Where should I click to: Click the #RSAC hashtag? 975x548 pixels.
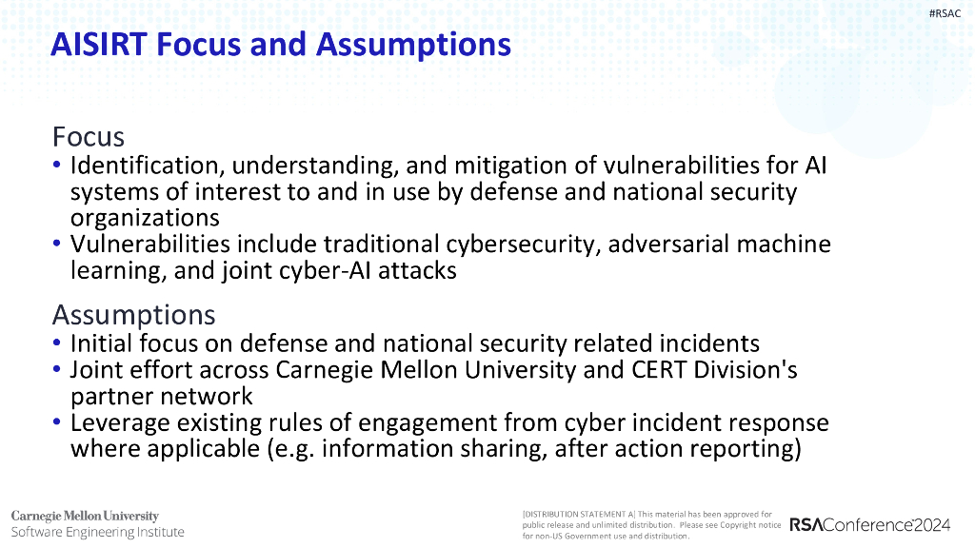[x=945, y=13]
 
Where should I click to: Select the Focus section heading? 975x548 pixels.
[x=89, y=137]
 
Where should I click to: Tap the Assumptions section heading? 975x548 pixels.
[x=133, y=315]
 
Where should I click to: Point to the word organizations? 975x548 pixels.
[x=145, y=217]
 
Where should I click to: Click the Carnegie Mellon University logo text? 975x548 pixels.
[x=85, y=516]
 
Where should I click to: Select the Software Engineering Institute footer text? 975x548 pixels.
[x=97, y=532]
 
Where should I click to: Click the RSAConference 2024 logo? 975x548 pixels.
[x=869, y=524]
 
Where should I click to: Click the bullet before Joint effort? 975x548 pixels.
[x=58, y=370]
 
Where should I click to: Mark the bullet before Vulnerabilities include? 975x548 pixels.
[x=58, y=245]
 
